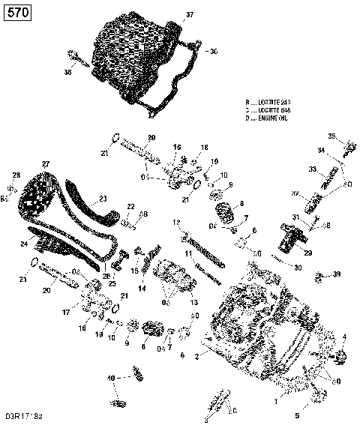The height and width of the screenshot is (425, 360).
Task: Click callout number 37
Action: click(189, 14)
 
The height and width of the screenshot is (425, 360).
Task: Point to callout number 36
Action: click(67, 73)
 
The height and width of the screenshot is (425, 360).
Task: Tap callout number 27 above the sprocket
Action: click(45, 163)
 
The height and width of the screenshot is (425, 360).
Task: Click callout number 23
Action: click(102, 199)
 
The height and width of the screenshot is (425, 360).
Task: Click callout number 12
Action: click(175, 223)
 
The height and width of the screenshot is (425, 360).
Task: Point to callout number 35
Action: click(331, 135)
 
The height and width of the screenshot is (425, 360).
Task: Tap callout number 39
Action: click(337, 274)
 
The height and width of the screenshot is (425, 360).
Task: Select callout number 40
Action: click(111, 377)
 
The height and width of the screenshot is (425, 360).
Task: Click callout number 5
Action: click(297, 415)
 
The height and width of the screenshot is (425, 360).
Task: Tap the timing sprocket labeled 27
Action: click(37, 192)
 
